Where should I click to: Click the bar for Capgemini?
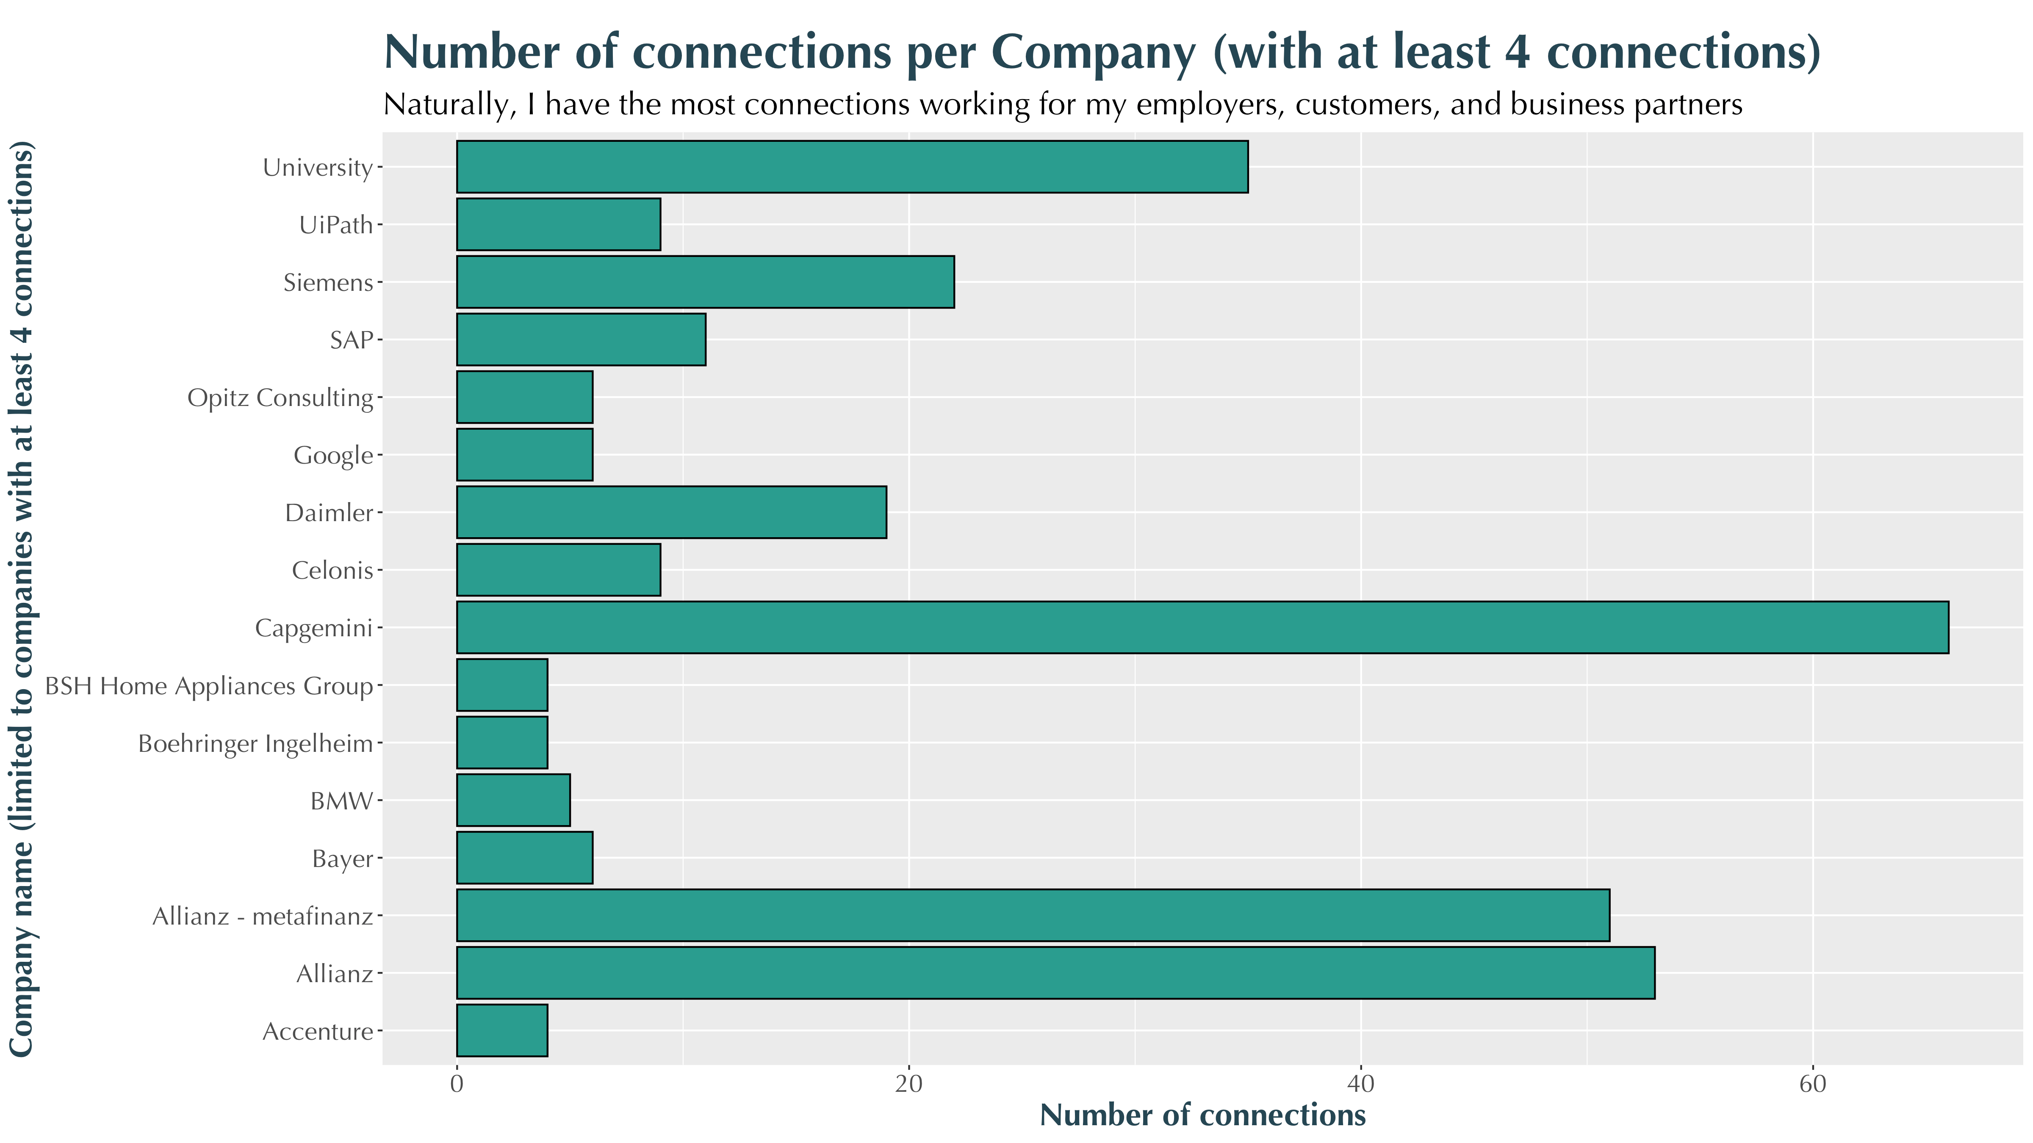[x=1202, y=627]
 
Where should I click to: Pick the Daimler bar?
[x=672, y=512]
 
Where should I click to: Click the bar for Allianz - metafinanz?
[x=1033, y=915]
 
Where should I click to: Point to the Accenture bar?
[x=502, y=1030]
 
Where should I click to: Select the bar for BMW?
[x=513, y=800]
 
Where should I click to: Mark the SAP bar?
[x=581, y=339]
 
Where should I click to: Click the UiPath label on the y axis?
[x=335, y=226]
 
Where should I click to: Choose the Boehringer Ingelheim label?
[x=255, y=744]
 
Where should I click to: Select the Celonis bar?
[x=558, y=569]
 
